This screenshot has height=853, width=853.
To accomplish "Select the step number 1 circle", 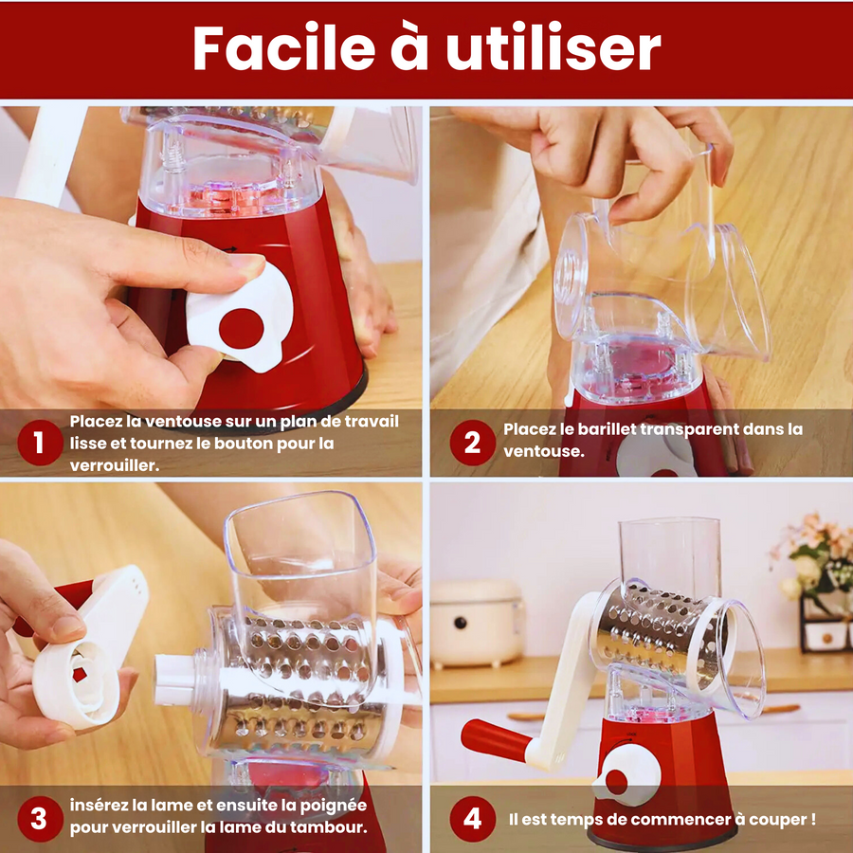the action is point(40,443).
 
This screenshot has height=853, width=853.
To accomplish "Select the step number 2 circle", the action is point(472,443).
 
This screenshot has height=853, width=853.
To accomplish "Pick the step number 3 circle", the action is point(40,819).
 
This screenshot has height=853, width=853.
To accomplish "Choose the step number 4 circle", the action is point(472,819).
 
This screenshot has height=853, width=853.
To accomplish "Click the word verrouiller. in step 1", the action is point(115,465).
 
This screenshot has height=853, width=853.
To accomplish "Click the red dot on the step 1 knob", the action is point(242,329).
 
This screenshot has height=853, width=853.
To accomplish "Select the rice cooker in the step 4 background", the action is point(477,623).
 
